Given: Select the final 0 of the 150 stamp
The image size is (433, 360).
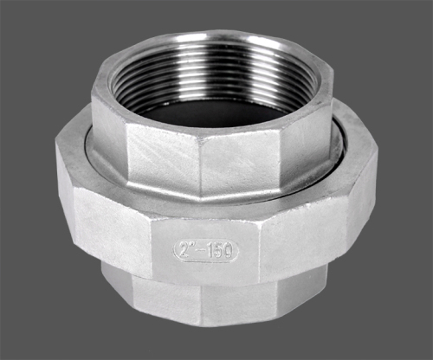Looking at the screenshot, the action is point(228,251).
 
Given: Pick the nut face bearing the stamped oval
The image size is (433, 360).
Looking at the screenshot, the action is point(205,251).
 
